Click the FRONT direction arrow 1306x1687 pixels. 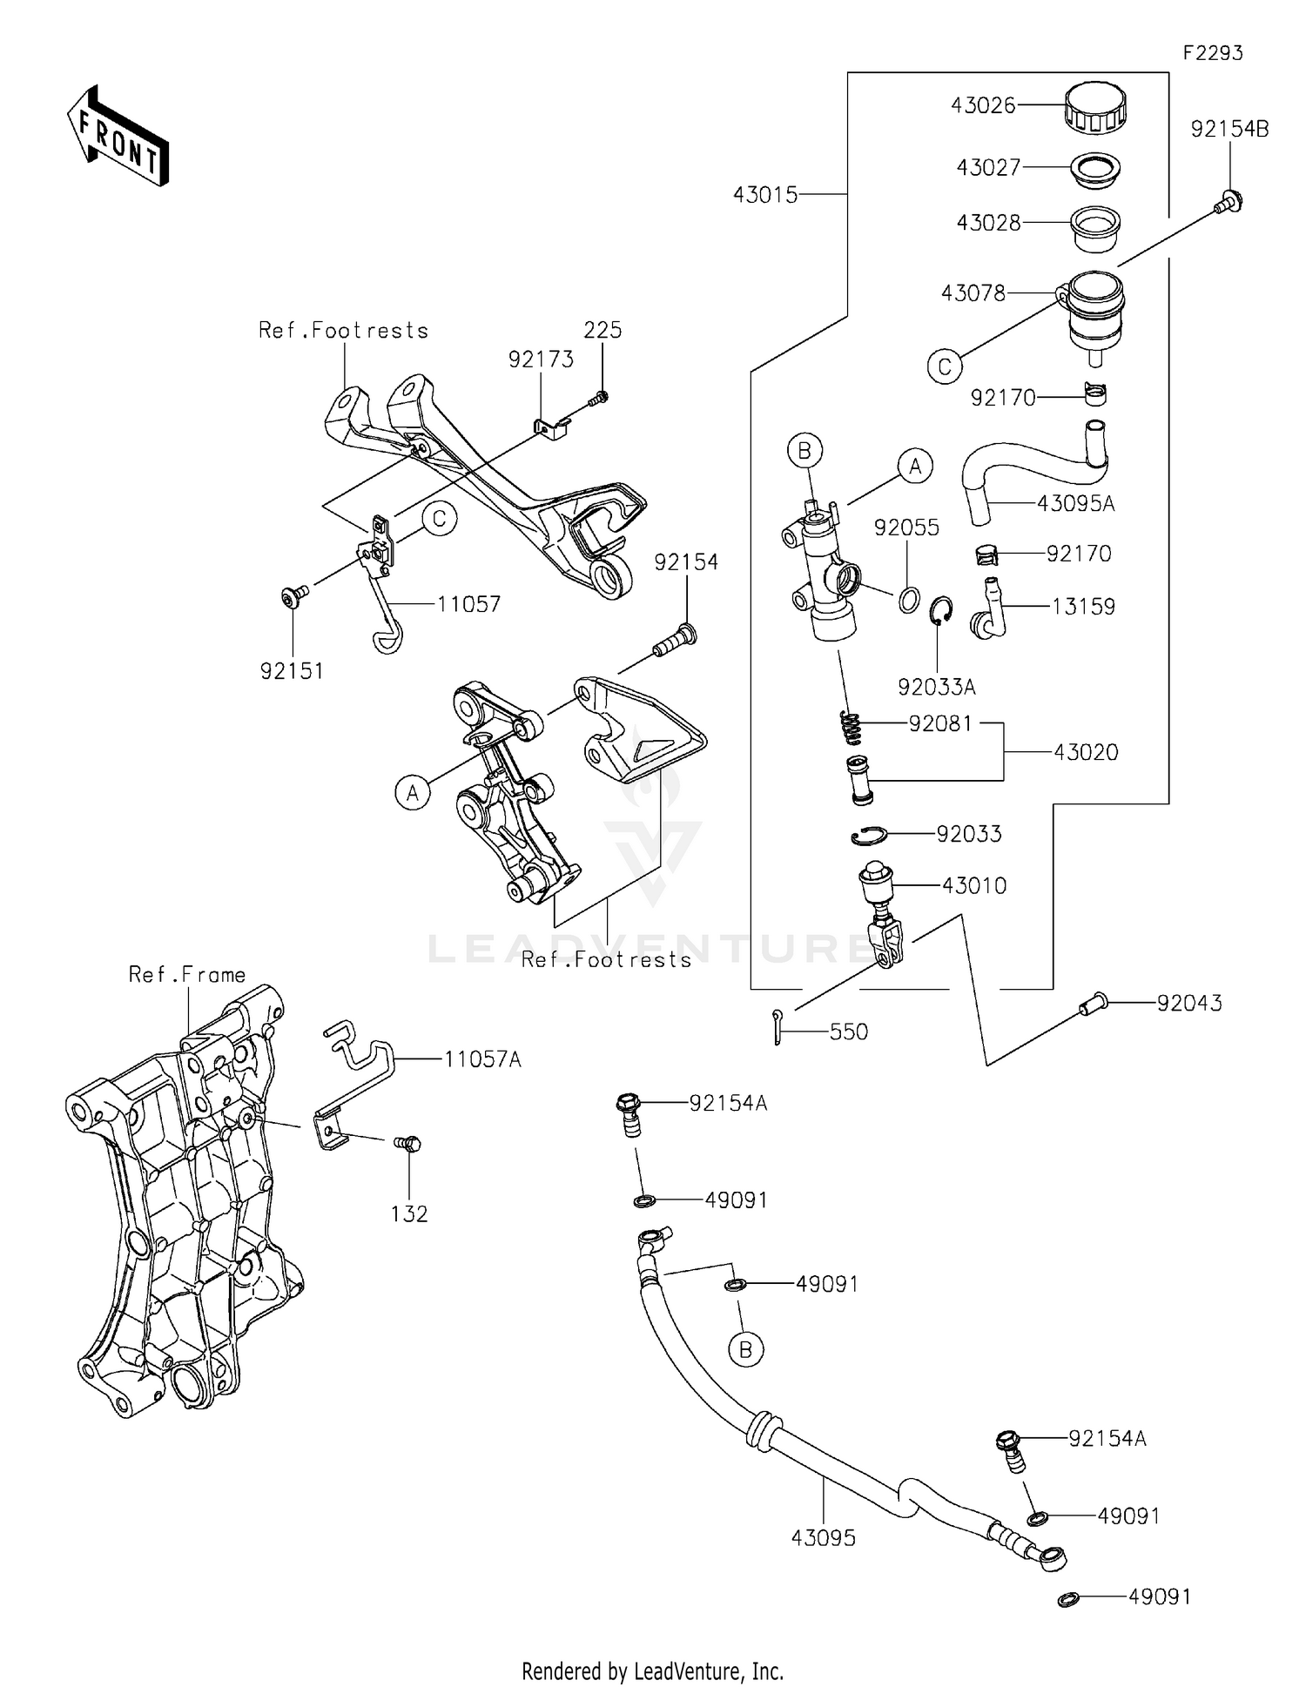coord(118,138)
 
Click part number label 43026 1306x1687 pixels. coord(983,105)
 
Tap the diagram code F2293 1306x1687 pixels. coord(1212,53)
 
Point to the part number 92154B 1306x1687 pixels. coord(1229,129)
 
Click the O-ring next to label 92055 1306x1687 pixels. coord(908,599)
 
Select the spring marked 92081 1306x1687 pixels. coord(851,727)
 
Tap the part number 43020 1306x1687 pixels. coord(1086,752)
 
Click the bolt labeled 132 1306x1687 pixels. coord(407,1143)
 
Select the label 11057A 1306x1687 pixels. coord(482,1059)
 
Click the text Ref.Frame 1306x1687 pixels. coord(187,974)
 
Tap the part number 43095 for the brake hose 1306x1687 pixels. coord(823,1538)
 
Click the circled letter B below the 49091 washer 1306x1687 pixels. coord(745,1349)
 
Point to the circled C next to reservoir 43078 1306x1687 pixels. coord(945,366)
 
